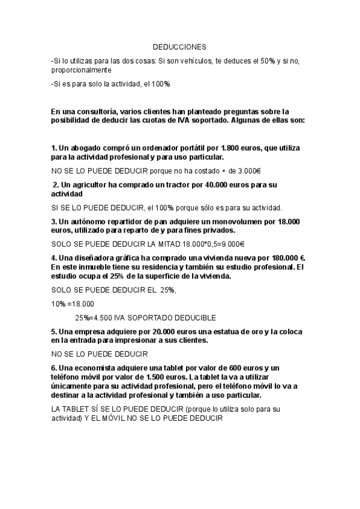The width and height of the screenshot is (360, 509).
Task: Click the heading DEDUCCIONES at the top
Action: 178,46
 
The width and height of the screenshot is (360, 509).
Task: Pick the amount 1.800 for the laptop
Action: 232,148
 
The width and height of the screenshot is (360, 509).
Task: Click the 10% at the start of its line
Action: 58,304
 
